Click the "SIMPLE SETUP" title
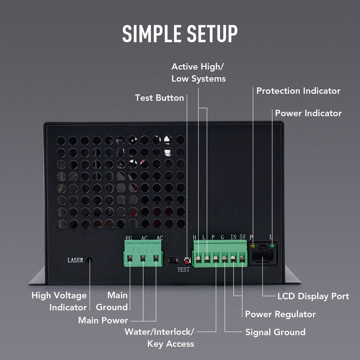click(x=180, y=34)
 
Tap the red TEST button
click(x=187, y=261)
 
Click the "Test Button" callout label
click(x=159, y=98)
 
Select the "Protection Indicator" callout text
click(x=298, y=91)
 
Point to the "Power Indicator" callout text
click(x=308, y=113)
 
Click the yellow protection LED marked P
click(x=253, y=246)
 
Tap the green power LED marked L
click(x=272, y=246)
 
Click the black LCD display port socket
click(x=263, y=255)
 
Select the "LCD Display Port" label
click(x=313, y=296)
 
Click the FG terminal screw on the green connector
click(x=130, y=258)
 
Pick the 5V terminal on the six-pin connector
click(x=242, y=259)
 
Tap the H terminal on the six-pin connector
click(x=198, y=259)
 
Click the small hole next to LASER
click(x=90, y=260)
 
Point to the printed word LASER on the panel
click(x=75, y=260)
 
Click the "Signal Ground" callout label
click(x=275, y=332)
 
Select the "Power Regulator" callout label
click(x=280, y=314)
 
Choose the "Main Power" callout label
click(x=103, y=320)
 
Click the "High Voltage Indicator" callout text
click(x=59, y=301)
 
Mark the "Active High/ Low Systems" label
click(x=198, y=73)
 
